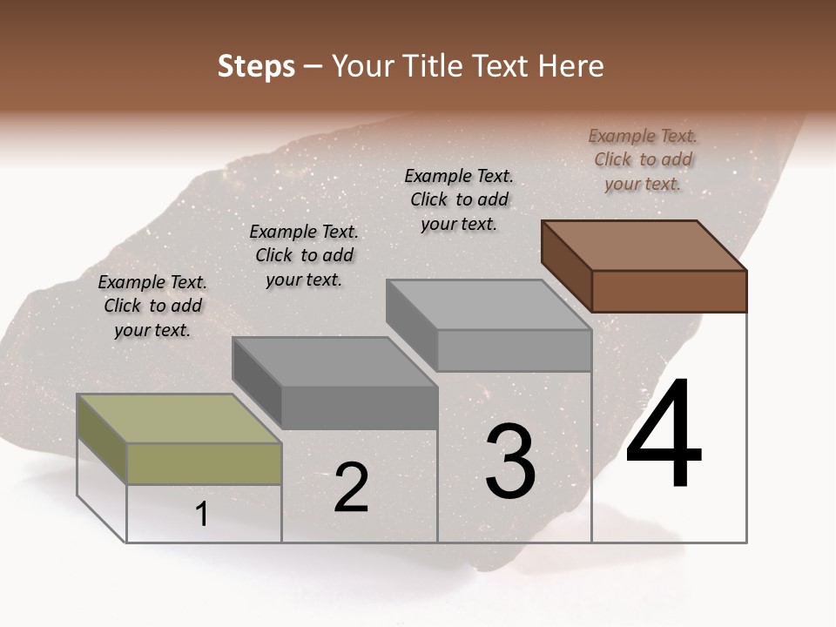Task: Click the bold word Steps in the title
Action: (256, 67)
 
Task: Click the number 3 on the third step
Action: (509, 461)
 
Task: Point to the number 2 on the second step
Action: (352, 488)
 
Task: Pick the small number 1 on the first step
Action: (202, 515)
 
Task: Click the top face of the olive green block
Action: (179, 419)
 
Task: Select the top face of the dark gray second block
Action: (334, 361)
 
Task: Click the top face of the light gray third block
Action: (489, 305)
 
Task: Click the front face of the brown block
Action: (669, 291)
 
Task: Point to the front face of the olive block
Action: (205, 463)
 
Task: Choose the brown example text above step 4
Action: (643, 159)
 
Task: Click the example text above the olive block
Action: (152, 306)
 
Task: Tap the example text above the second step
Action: (304, 255)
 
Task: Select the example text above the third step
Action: (459, 199)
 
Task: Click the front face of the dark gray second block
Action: (360, 408)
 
